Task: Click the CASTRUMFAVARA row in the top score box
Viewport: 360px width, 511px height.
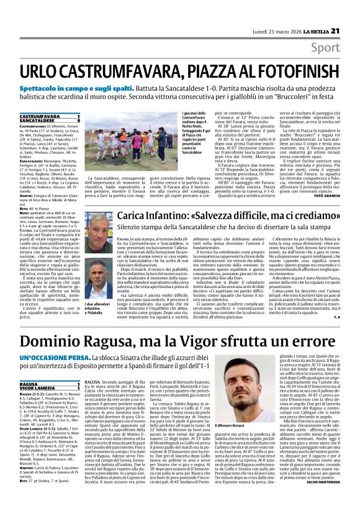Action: (50, 116)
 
